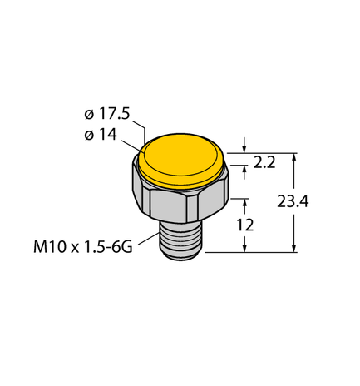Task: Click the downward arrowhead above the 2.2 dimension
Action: point(244,148)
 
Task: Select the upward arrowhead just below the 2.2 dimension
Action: point(244,169)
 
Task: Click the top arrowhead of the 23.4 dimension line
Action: point(294,157)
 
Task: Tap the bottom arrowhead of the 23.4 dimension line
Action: point(294,246)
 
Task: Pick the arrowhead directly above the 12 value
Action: point(244,202)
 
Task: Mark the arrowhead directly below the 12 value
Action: point(244,246)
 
